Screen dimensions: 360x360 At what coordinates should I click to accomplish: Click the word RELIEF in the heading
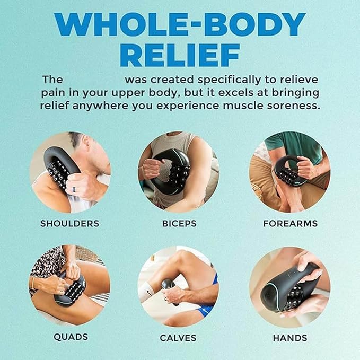coord(180,55)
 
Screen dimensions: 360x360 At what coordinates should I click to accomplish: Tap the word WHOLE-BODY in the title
coord(180,24)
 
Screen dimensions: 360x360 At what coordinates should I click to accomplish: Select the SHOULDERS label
coord(70,223)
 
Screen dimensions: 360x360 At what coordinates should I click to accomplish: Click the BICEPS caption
coord(179,223)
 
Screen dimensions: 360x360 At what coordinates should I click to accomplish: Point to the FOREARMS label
coord(291,223)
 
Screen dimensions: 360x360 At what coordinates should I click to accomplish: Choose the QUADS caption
coord(71,337)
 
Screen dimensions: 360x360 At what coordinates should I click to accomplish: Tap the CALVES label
coord(178,338)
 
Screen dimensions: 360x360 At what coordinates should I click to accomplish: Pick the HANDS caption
coord(290,338)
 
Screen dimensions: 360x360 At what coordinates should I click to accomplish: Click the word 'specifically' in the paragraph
coord(229,80)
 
